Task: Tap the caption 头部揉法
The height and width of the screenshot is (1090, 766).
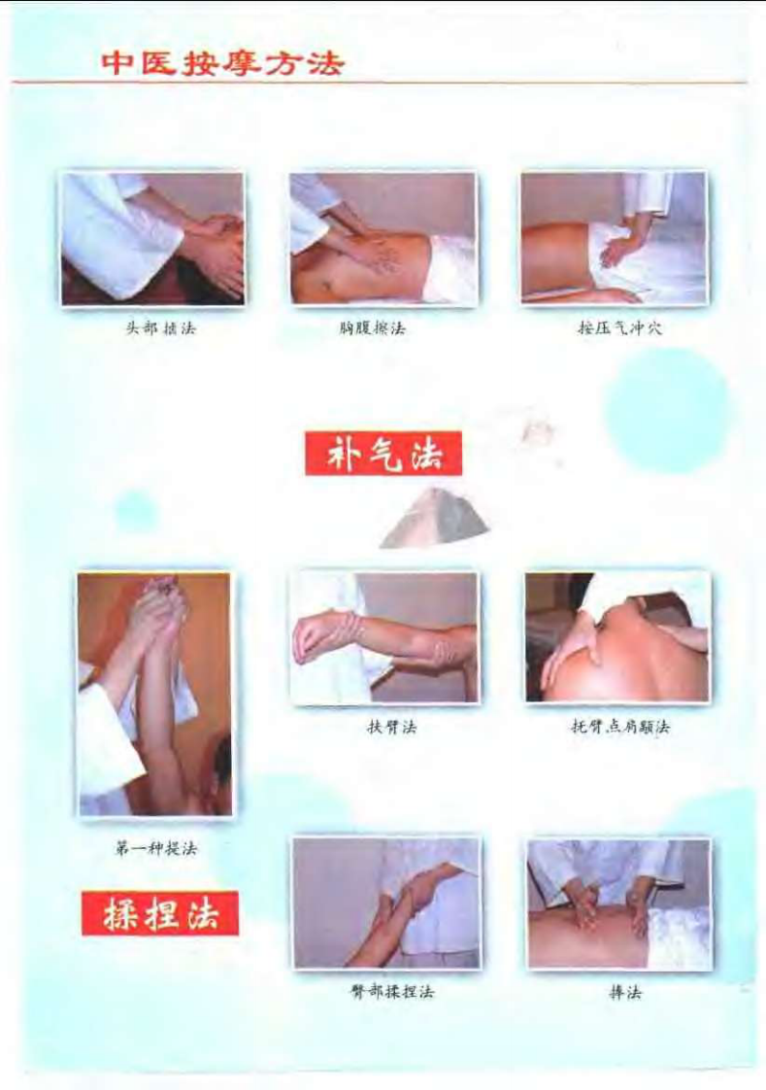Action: pyautogui.click(x=153, y=328)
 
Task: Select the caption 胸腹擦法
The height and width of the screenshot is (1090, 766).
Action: pyautogui.click(x=379, y=328)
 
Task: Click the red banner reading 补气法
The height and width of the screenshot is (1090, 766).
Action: pyautogui.click(x=383, y=454)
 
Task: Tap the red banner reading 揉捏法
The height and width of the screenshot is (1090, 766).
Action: pyautogui.click(x=160, y=913)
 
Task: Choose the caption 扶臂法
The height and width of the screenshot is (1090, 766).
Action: pyautogui.click(x=389, y=727)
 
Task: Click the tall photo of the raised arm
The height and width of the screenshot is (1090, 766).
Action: pyautogui.click(x=155, y=694)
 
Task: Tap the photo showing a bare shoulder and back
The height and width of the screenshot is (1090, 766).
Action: pyautogui.click(x=617, y=637)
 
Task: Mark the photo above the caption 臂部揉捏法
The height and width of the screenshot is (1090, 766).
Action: pyautogui.click(x=386, y=903)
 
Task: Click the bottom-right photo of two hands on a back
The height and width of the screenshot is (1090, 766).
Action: pyautogui.click(x=619, y=903)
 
